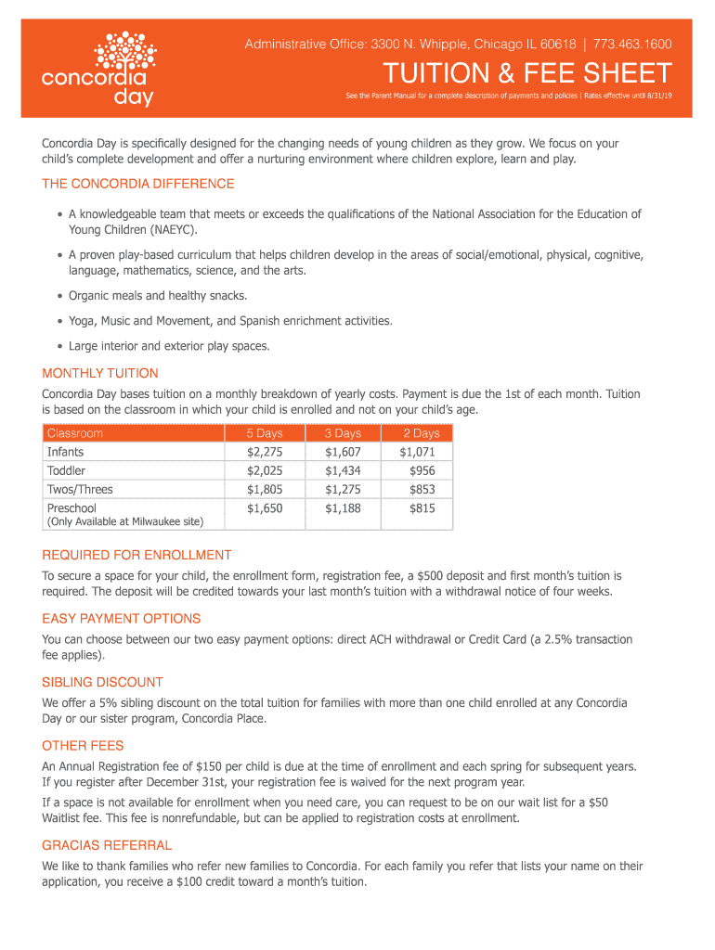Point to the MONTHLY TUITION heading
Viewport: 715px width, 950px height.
pyautogui.click(x=100, y=373)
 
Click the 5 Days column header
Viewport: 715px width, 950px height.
pyautogui.click(x=264, y=433)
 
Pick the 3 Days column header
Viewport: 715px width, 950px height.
pyautogui.click(x=343, y=433)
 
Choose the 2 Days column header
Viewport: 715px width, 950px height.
pyautogui.click(x=421, y=433)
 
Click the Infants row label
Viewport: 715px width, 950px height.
pyautogui.click(x=66, y=452)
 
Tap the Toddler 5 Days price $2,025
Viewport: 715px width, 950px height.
pyautogui.click(x=264, y=470)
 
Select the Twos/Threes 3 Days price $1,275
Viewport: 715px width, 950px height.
pyautogui.click(x=343, y=489)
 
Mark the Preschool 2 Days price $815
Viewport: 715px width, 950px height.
pyautogui.click(x=422, y=508)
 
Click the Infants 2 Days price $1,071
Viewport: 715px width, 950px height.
pyautogui.click(x=418, y=452)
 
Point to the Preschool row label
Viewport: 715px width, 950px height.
pyautogui.click(x=71, y=508)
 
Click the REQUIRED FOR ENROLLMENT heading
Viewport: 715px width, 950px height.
pyautogui.click(x=136, y=555)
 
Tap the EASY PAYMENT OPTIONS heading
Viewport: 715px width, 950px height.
pyautogui.click(x=122, y=618)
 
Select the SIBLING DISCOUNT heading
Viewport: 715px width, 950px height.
pyautogui.click(x=102, y=682)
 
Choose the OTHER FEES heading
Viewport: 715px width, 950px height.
pyautogui.click(x=83, y=746)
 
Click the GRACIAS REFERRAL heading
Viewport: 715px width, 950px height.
pyautogui.click(x=107, y=845)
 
